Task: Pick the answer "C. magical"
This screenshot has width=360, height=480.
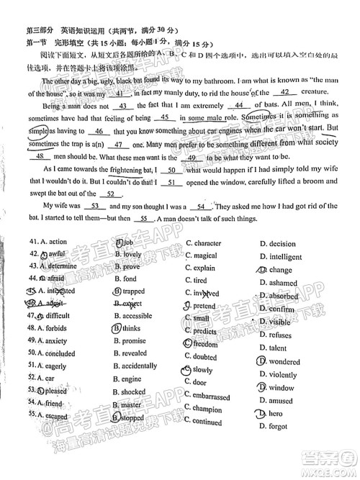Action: click(201, 256)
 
